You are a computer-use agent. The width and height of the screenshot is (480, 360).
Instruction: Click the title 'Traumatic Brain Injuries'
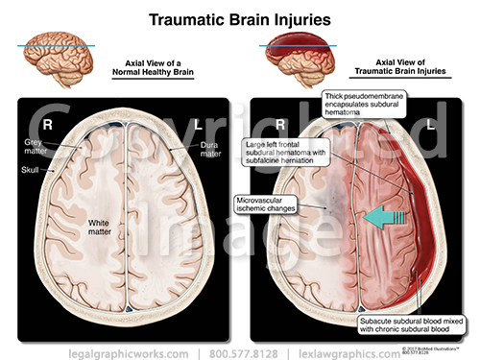(239, 17)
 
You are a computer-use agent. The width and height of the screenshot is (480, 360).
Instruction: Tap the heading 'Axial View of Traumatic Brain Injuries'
(397, 64)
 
